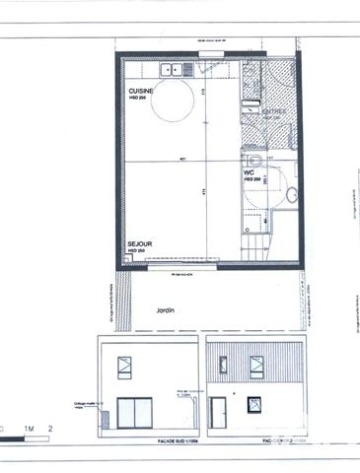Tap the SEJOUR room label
[139, 241]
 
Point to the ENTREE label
[274, 112]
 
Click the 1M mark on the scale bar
[33, 428]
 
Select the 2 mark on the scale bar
[49, 428]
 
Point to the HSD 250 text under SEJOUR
[137, 250]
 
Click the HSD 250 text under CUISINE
[139, 97]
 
